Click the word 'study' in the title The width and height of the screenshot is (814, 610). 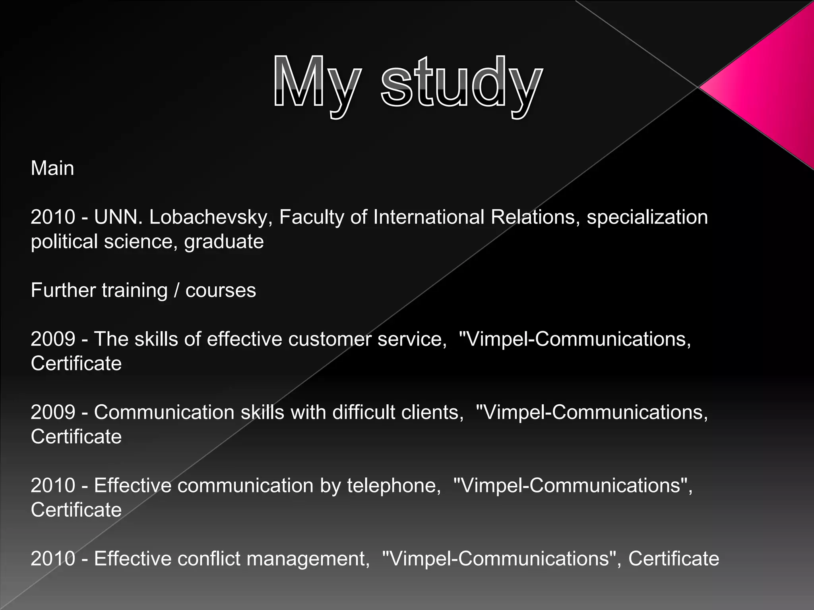click(x=461, y=83)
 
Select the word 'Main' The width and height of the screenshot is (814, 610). click(x=52, y=168)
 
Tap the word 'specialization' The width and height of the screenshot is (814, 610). click(x=647, y=217)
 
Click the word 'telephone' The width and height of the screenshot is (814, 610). click(x=393, y=485)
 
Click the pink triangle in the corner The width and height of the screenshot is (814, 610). click(x=767, y=87)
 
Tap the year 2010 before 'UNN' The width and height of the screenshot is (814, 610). click(x=53, y=217)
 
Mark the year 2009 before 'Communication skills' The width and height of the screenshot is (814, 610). click(x=53, y=412)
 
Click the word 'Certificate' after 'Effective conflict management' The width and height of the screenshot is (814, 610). click(x=673, y=558)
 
